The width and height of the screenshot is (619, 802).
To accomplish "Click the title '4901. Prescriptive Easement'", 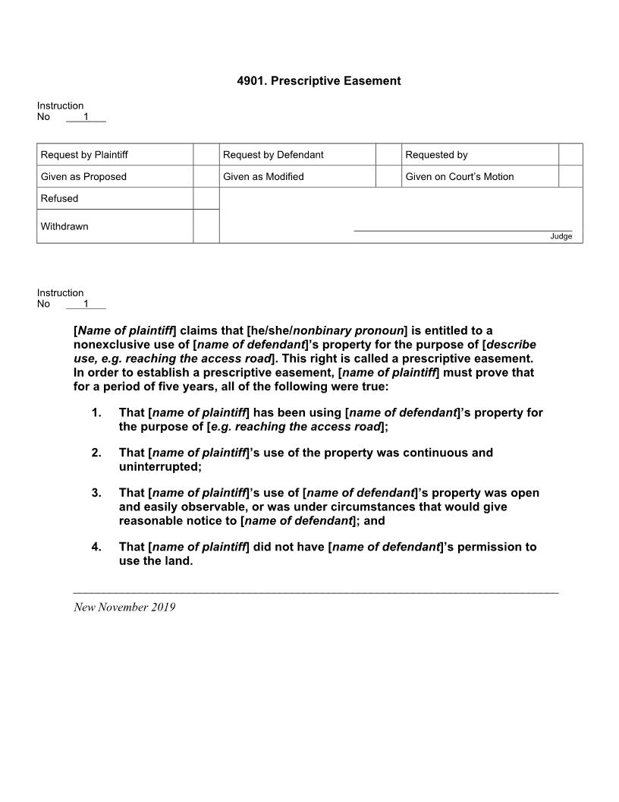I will (x=319, y=81).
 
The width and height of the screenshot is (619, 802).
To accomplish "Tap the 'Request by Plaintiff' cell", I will (x=84, y=155).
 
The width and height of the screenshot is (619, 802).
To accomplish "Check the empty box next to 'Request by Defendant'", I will (x=388, y=154).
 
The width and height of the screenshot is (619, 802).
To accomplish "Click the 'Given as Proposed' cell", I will (x=83, y=177).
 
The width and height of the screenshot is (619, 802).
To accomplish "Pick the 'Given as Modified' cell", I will (x=263, y=177).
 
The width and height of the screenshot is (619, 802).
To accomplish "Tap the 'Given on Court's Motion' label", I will (x=459, y=177).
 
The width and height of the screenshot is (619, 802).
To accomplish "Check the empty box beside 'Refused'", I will (x=206, y=198).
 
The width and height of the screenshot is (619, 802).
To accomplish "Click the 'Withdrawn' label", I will (x=64, y=226).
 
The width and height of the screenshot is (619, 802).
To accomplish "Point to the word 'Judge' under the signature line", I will (x=561, y=236).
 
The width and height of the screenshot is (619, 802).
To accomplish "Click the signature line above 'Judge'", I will (x=463, y=230).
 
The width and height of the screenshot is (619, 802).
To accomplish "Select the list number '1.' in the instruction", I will (x=96, y=413).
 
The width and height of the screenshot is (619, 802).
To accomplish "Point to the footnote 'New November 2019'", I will (x=124, y=607).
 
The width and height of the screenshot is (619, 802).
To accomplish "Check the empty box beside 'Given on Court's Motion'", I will (x=570, y=176).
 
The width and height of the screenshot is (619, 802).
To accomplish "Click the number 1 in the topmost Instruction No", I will (x=86, y=117).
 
